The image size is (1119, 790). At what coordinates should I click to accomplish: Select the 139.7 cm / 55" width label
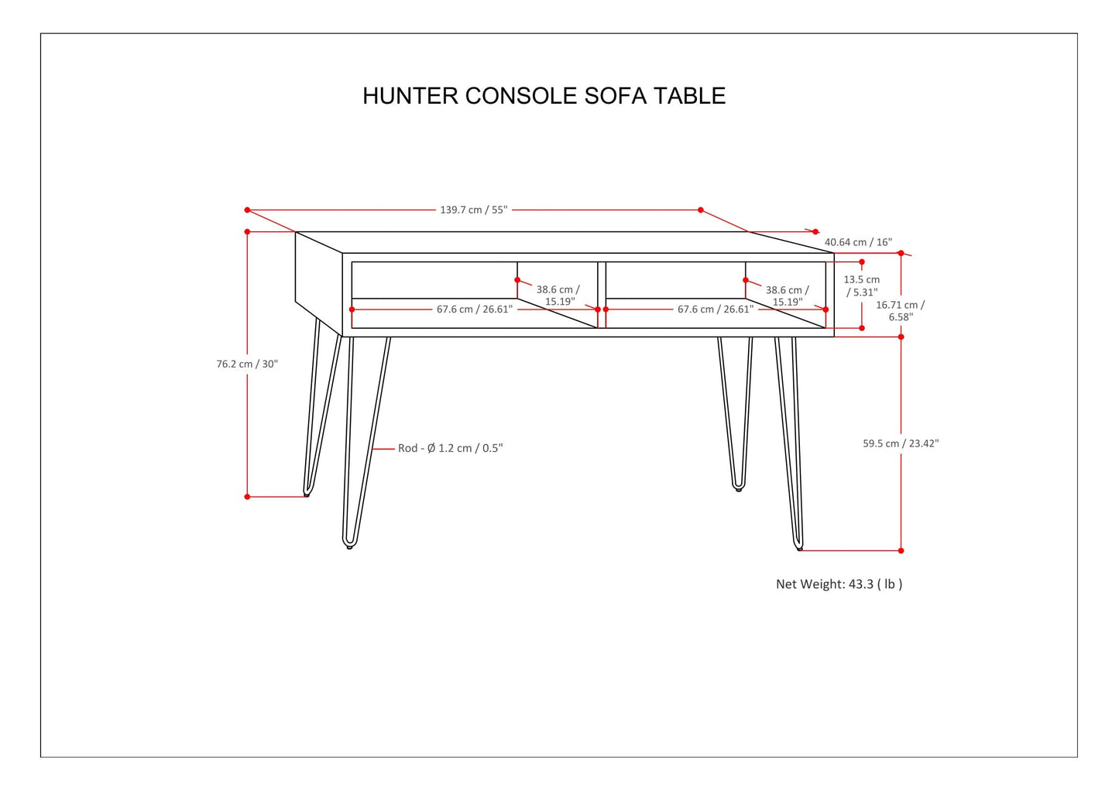point(473,210)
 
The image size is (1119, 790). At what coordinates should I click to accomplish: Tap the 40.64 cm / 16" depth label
point(858,242)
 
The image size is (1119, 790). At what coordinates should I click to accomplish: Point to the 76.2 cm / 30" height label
point(247,364)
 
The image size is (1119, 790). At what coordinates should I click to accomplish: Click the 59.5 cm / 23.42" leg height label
point(901,443)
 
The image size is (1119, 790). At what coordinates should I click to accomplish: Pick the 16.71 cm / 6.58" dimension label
point(901,310)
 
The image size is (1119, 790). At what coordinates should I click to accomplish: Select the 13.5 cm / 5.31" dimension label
point(861,286)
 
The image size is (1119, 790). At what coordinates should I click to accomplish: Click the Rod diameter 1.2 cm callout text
point(450,448)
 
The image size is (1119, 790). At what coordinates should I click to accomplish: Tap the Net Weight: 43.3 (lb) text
point(839,584)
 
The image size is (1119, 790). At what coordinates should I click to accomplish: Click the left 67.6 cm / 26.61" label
point(474,310)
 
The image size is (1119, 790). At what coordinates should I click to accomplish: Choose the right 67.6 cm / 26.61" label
point(715,310)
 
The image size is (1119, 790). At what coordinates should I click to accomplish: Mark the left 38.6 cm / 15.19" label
point(558,296)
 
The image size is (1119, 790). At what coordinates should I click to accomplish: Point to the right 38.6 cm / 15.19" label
point(788,296)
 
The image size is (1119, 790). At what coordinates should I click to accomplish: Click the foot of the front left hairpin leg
point(349,545)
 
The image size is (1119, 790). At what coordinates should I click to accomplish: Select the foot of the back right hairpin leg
point(739,488)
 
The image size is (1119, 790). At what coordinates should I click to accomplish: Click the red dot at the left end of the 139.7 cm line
point(247,210)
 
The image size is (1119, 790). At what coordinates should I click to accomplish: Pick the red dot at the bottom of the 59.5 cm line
point(901,551)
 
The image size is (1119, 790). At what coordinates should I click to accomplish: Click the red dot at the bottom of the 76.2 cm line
point(247,497)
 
